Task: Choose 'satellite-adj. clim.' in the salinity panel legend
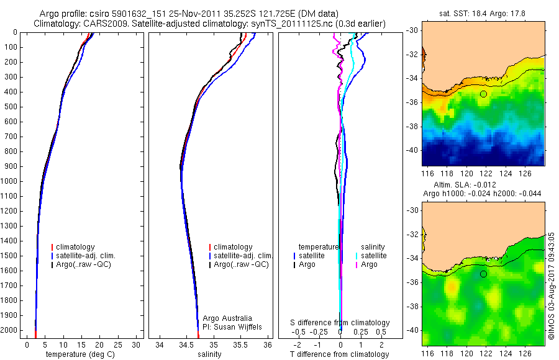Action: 242,256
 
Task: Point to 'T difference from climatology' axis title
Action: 340,354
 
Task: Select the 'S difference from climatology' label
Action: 340,323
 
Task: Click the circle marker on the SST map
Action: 483,94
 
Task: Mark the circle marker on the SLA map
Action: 483,274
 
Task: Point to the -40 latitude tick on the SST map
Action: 412,150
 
